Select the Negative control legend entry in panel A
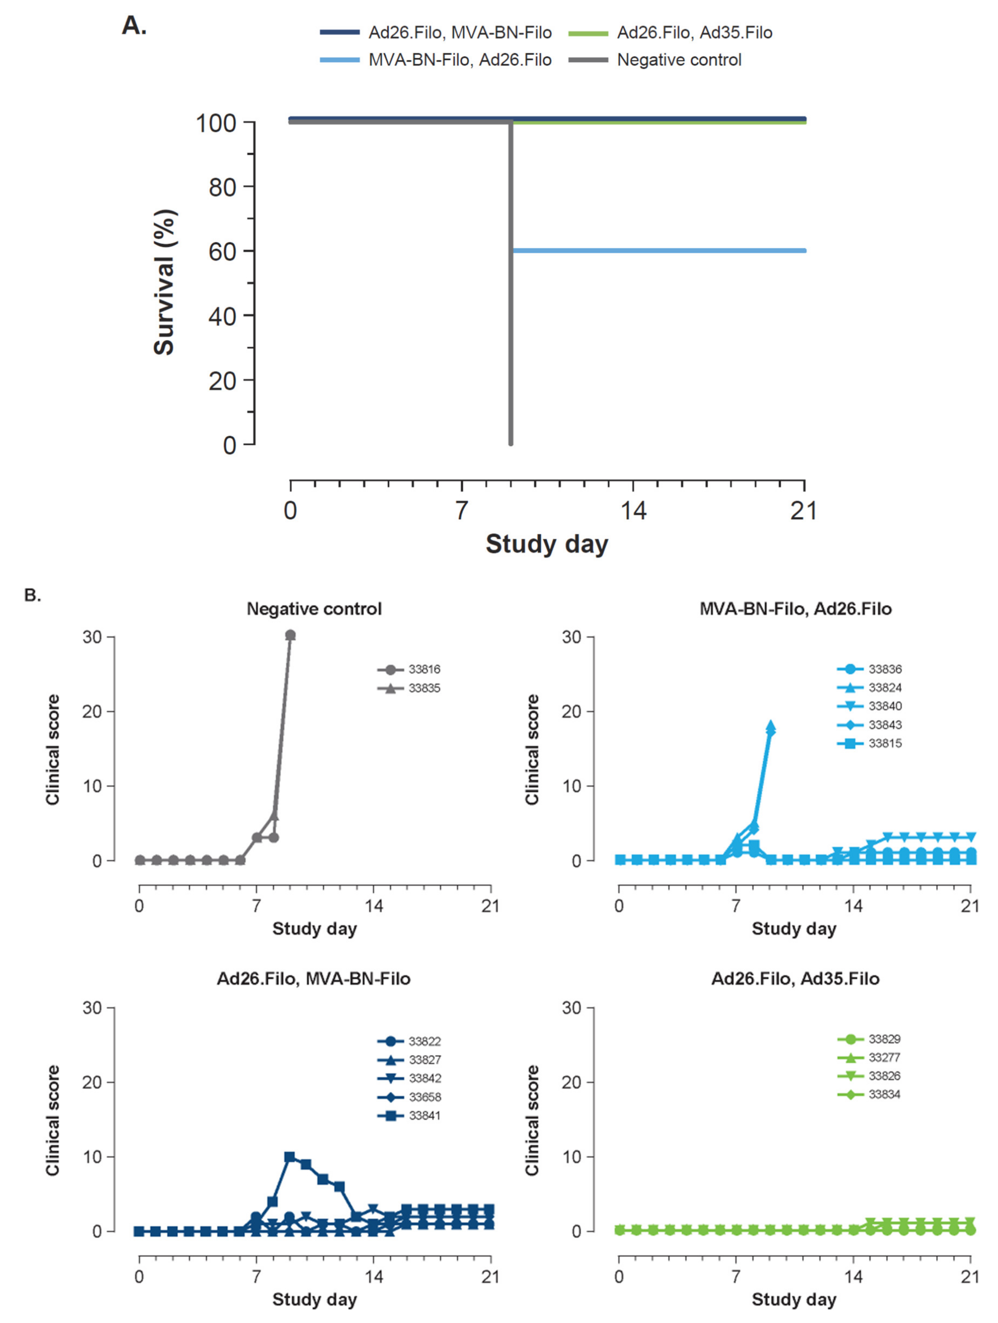pos(679,60)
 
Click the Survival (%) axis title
pos(164,282)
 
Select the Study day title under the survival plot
pos(546,544)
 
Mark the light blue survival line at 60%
pos(658,251)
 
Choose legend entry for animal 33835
pos(424,688)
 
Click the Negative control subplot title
pos(314,609)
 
